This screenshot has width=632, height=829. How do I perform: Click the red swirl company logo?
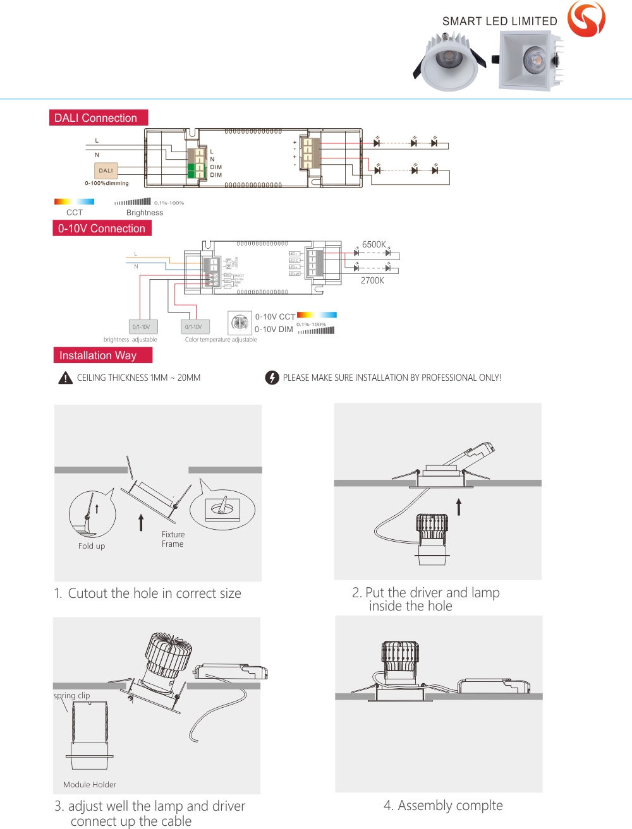(586, 18)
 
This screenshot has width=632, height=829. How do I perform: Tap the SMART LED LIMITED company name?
(499, 21)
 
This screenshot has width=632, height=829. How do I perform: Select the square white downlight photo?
(530, 61)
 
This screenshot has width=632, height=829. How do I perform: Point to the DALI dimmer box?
(106, 170)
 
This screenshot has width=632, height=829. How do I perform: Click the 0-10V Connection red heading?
(102, 229)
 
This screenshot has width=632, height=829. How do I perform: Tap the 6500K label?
(374, 244)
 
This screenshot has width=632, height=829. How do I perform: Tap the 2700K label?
(372, 280)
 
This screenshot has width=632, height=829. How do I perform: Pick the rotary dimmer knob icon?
(240, 323)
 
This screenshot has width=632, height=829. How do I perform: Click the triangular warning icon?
(66, 378)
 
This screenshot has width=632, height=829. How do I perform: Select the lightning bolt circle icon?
(272, 378)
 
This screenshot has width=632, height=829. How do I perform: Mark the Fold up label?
(92, 546)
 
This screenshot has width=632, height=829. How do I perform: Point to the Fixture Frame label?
(173, 539)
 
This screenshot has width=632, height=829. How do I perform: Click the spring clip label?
(71, 696)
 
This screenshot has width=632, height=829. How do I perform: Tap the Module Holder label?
(90, 785)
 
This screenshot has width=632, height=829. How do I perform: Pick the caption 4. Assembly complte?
(443, 806)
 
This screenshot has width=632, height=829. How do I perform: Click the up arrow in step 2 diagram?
(459, 506)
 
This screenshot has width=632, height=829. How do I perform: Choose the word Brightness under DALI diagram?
(145, 213)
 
